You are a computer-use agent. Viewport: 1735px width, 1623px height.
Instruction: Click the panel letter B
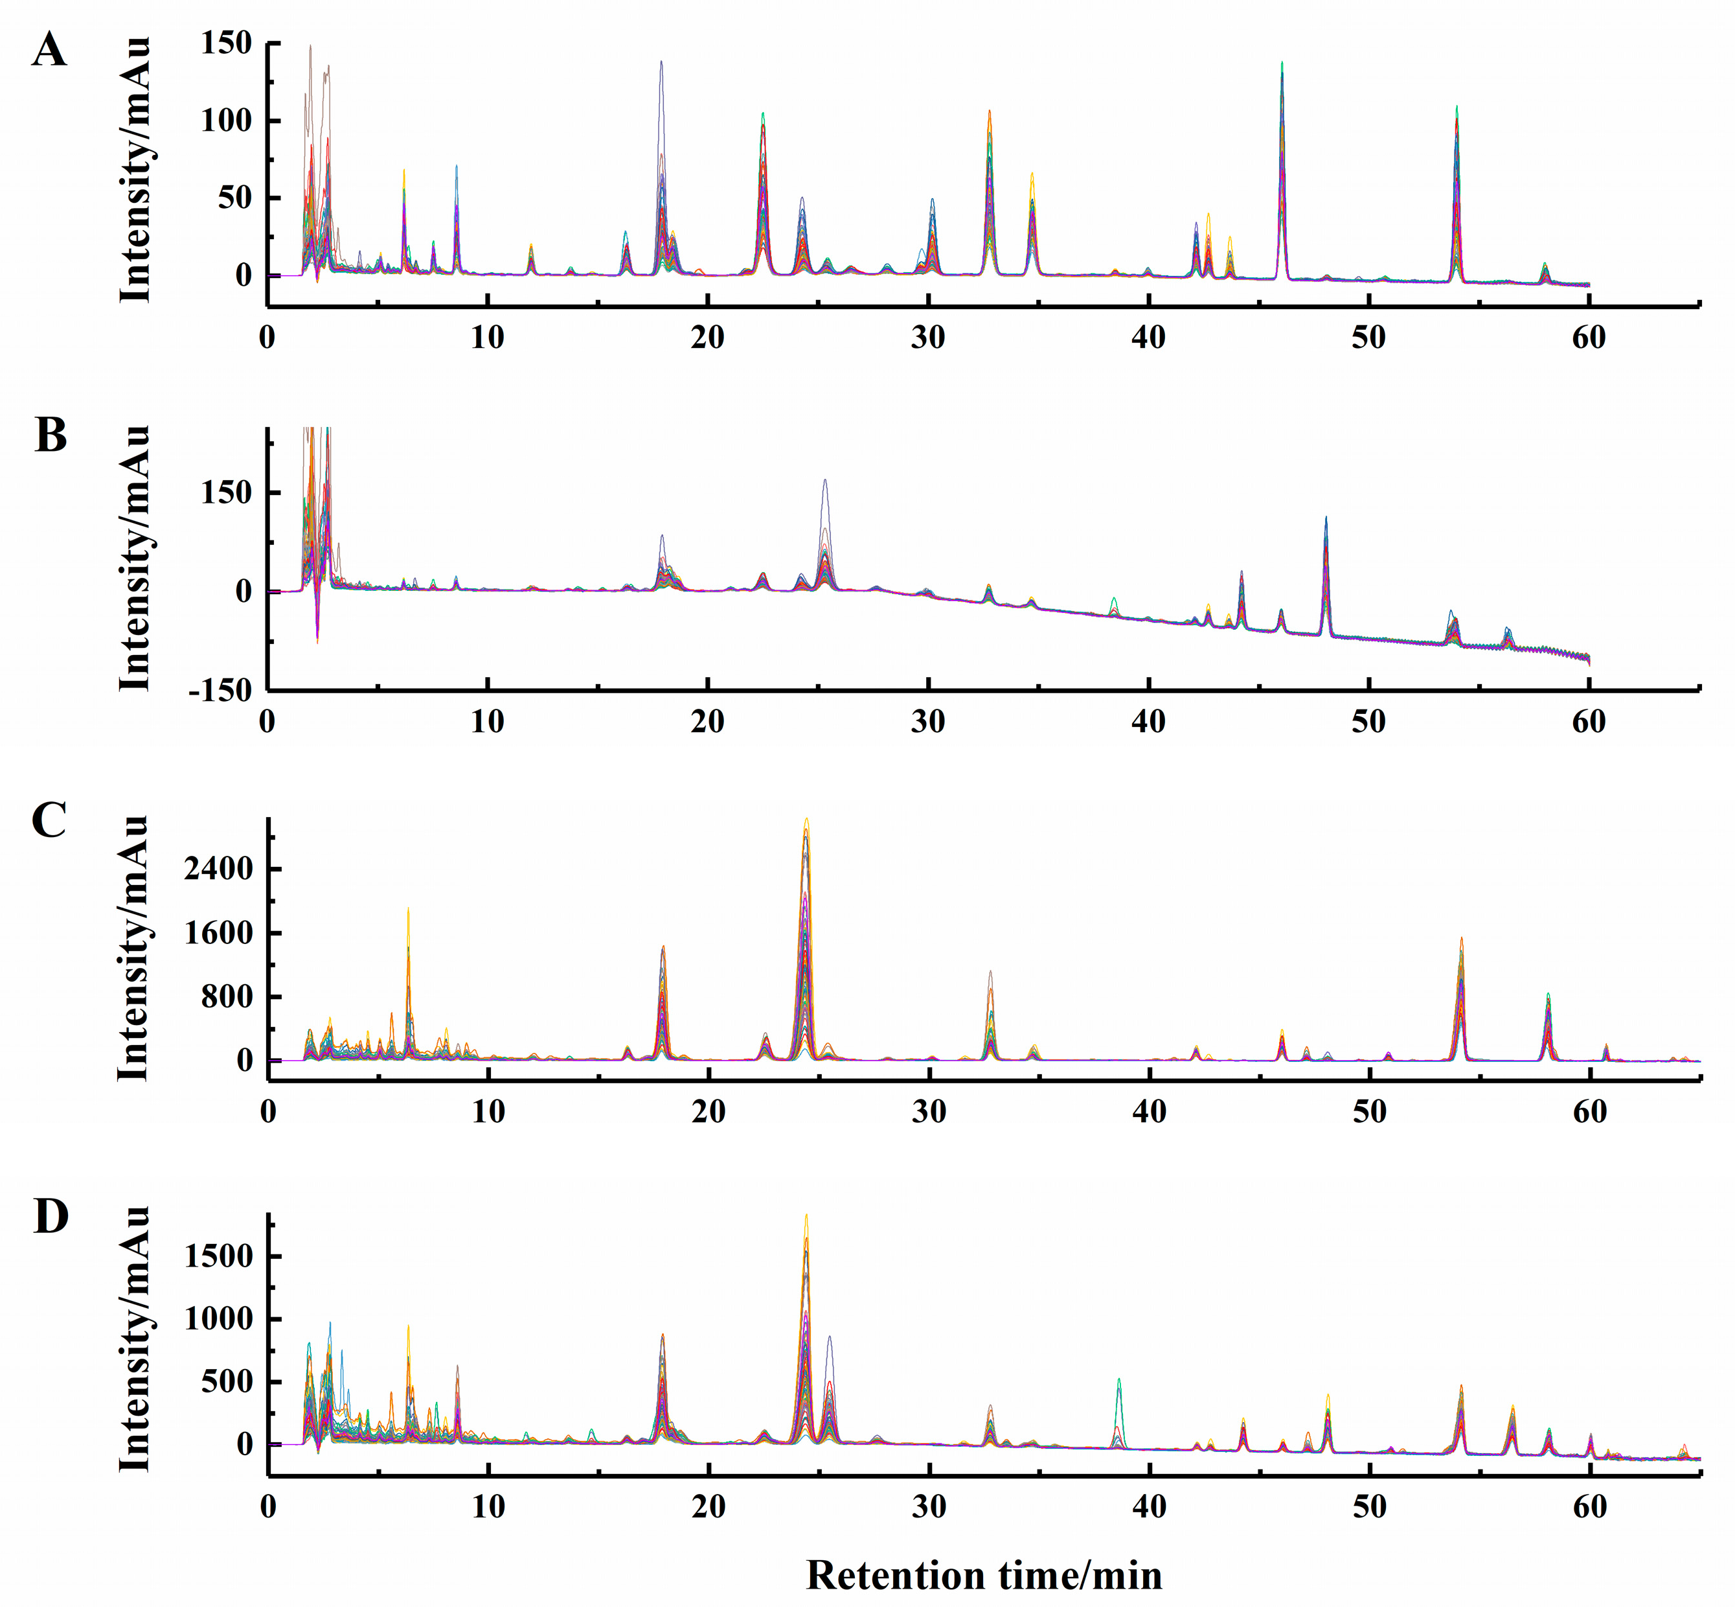pos(51,435)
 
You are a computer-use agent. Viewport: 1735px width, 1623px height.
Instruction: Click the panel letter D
pos(51,1216)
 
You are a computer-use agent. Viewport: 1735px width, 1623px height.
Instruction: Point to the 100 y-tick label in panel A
pos(226,121)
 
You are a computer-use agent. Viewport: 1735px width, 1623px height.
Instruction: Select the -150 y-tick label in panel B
pos(219,691)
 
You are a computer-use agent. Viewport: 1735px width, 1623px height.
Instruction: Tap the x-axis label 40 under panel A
pos(1148,338)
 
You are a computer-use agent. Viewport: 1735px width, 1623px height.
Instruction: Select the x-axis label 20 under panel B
pos(708,722)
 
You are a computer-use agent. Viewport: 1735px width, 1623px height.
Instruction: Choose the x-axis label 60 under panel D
pos(1590,1507)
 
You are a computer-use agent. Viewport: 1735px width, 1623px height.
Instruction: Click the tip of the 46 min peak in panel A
pos(1282,63)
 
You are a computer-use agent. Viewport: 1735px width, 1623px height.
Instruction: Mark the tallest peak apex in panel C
pos(806,819)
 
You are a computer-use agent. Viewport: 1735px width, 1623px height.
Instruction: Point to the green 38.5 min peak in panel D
pos(1119,1379)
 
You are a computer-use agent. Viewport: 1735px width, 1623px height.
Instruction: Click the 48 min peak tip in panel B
pos(1326,518)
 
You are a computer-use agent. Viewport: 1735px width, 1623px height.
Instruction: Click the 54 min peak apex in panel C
pos(1461,939)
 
